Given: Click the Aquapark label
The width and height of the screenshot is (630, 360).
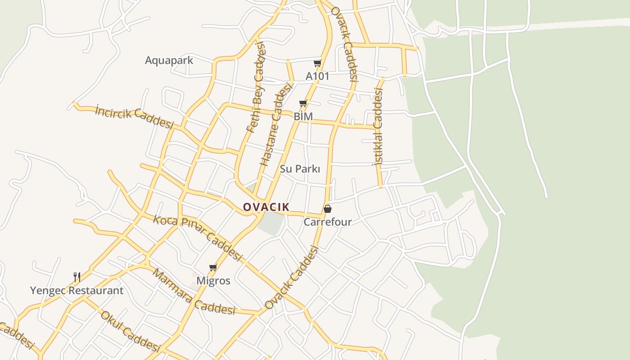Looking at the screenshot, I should [169, 60].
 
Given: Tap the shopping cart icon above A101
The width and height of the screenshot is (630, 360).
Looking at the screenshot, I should [318, 63].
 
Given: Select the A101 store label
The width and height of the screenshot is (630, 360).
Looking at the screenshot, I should [317, 76].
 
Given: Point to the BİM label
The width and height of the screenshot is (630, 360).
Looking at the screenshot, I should [303, 116].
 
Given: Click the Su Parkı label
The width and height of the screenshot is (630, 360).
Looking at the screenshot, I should [300, 169].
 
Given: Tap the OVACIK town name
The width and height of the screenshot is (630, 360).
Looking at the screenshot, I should [266, 207].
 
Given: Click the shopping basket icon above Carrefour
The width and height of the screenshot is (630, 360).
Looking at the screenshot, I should [328, 209].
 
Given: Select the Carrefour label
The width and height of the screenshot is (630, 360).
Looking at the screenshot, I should [328, 222].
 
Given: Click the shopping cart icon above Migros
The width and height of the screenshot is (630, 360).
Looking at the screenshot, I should [213, 268].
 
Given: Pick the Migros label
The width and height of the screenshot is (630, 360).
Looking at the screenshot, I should [213, 281].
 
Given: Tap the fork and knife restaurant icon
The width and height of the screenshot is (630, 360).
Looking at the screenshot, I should [77, 277].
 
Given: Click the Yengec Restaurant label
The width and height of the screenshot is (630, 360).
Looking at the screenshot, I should [76, 290].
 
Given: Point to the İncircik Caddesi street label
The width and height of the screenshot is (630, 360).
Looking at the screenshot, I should [134, 117].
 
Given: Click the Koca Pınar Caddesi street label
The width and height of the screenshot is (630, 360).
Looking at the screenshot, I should [198, 238].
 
